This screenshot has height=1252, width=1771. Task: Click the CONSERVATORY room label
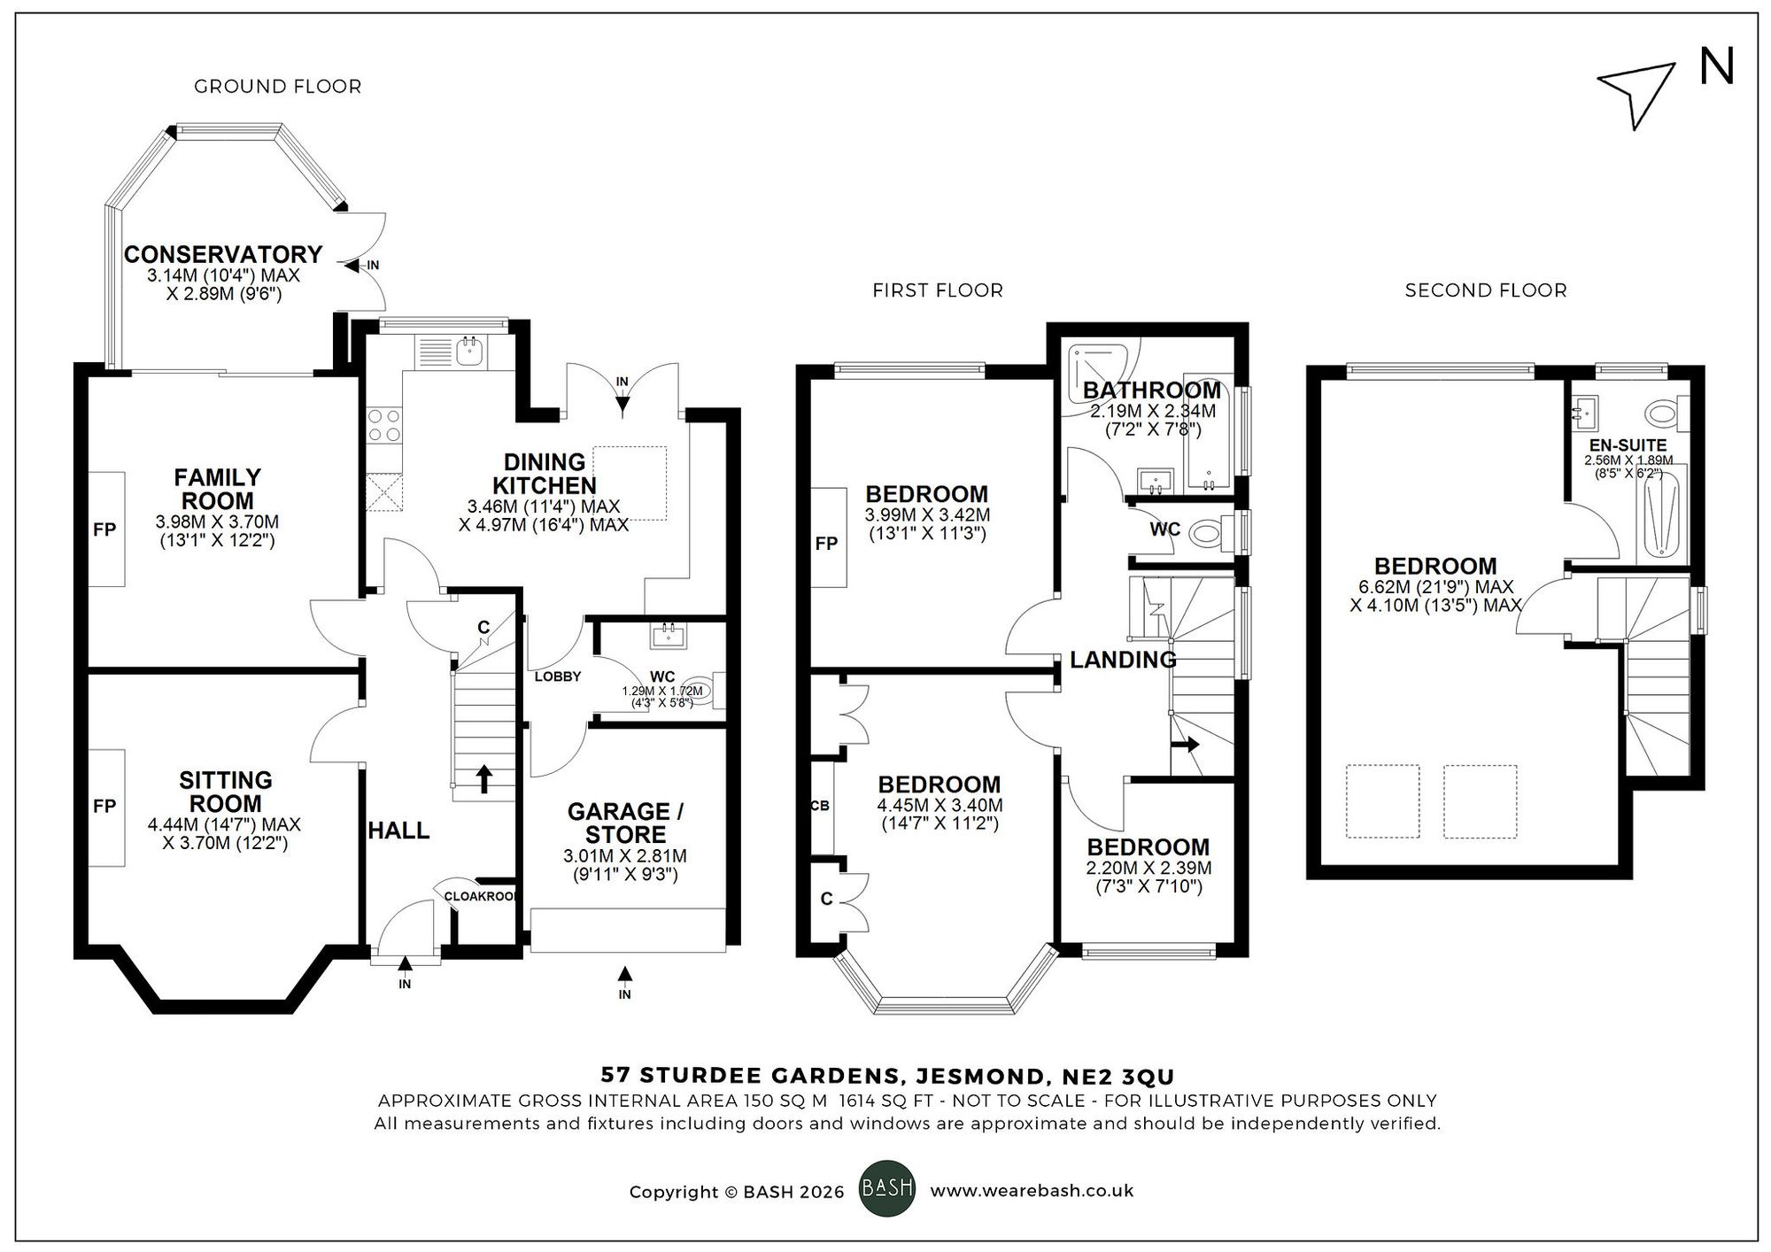pos(222,255)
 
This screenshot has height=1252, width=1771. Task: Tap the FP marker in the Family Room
pos(104,529)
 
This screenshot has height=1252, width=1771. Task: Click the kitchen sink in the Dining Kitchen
pos(468,352)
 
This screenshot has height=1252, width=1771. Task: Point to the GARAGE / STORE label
pos(624,823)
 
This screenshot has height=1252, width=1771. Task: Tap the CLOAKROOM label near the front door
pos(481,896)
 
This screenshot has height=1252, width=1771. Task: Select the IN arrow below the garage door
pos(625,975)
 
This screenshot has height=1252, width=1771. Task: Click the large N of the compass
pos(1716,68)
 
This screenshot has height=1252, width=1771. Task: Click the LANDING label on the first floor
pos(1122,660)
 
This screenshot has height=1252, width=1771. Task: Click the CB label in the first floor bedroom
pos(819,807)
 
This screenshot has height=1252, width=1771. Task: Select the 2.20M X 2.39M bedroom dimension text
pos(1148,869)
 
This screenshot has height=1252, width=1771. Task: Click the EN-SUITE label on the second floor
pos(1628,445)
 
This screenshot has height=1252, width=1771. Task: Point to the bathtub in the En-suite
pos(1665,516)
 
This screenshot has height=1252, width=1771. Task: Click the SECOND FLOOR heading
pos(1485,290)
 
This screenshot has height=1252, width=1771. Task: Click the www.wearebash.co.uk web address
pos(1031,1191)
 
